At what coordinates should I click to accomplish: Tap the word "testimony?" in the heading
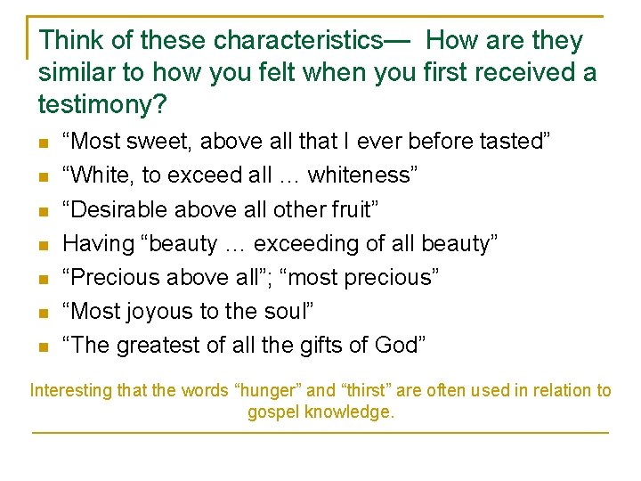(101, 104)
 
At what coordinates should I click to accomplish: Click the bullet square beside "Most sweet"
(43, 143)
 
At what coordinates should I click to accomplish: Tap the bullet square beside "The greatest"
(43, 346)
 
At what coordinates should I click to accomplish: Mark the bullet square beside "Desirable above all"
(43, 211)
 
